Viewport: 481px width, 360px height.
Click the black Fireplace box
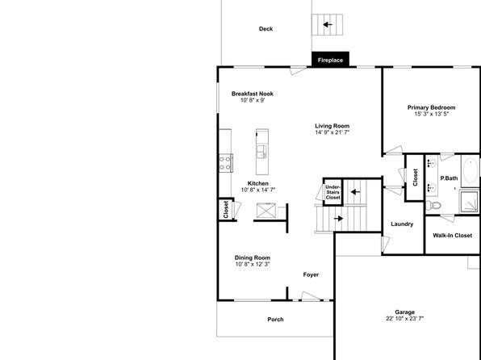coord(330,59)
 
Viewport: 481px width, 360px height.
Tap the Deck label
coord(266,29)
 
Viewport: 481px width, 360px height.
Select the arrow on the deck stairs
coord(328,24)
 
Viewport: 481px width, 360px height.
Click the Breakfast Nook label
coord(252,94)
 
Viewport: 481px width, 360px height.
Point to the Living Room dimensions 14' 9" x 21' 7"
coord(333,132)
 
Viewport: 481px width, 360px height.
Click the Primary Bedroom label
coord(431,107)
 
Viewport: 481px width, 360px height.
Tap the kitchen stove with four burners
coord(225,163)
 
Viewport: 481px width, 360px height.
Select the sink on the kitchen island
coord(261,152)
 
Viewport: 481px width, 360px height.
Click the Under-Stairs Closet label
coord(333,192)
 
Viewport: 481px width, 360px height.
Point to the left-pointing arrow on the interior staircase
coord(355,192)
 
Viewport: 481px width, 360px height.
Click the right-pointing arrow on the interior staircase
coord(338,219)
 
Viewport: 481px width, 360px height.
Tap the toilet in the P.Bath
coord(433,205)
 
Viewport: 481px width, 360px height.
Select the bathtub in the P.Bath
coord(471,171)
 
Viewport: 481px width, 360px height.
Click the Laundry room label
coord(402,224)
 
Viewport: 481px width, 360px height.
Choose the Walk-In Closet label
coord(453,236)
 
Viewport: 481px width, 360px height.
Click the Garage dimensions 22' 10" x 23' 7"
coord(405,319)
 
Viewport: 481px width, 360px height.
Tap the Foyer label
coord(311,274)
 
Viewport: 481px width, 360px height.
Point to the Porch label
coord(275,320)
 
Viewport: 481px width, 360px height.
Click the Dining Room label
coord(252,257)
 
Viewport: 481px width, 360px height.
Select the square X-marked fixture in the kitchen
coord(266,211)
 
